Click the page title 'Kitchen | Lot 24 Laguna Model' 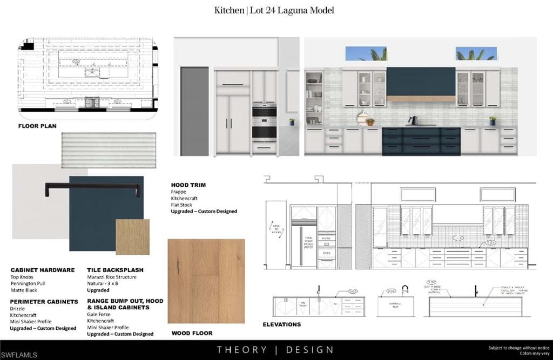coord(274,10)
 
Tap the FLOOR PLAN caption coord(37,126)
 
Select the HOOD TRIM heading coord(188,185)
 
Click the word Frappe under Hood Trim coord(179,192)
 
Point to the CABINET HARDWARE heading coord(43,270)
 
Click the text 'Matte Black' coord(24,290)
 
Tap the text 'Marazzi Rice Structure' coord(112,277)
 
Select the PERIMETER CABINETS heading coord(44,302)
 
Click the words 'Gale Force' coord(99,314)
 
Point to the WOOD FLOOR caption coord(191,333)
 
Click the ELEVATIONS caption coord(282,324)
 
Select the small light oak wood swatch coord(132,236)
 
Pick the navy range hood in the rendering coord(421,81)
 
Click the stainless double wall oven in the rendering coord(264,123)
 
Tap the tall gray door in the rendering coord(194,111)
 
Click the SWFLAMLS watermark coord(19,355)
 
